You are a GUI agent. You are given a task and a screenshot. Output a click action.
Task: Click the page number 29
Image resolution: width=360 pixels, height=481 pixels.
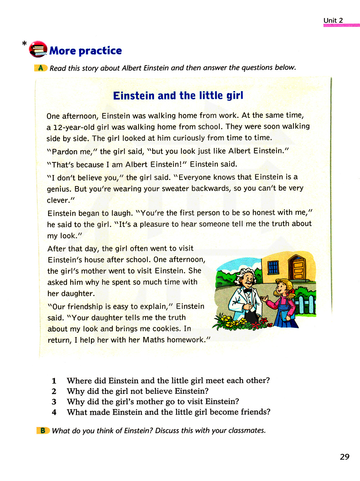point(345,457)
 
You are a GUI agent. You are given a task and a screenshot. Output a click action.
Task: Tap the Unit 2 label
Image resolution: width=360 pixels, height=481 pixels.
point(333,21)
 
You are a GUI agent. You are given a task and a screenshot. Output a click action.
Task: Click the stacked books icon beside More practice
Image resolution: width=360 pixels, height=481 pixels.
point(38,49)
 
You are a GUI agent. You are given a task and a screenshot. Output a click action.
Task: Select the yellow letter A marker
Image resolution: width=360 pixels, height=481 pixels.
point(41,68)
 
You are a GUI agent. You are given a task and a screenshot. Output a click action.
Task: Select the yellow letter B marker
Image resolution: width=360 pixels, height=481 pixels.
point(43,430)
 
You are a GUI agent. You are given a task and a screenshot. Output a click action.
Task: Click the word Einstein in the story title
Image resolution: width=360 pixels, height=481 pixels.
point(134,95)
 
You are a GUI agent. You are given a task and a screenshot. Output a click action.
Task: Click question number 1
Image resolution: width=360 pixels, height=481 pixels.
point(54,381)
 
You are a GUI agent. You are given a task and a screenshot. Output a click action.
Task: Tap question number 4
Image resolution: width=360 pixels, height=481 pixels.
point(54,412)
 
